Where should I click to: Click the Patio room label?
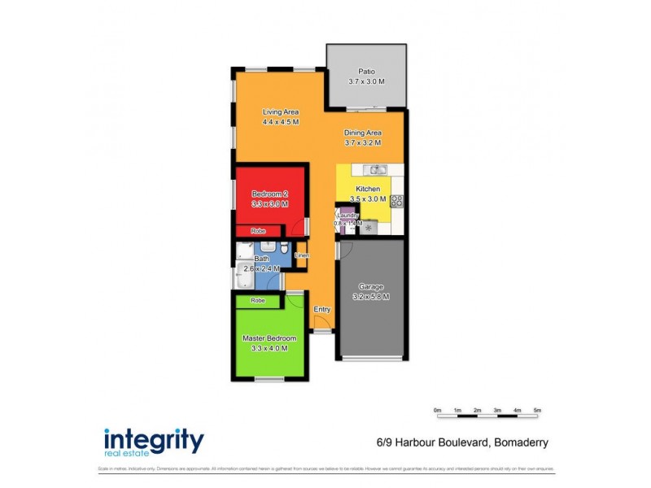tap(365, 70)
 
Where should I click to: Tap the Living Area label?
tap(281, 112)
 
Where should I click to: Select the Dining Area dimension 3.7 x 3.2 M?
tap(363, 143)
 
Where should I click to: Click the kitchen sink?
tap(376, 170)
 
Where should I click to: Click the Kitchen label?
tap(368, 188)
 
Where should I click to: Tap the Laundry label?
tap(347, 216)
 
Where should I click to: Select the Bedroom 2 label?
tap(269, 194)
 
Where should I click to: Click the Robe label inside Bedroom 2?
tap(257, 231)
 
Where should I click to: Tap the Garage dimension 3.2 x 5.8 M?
tap(370, 297)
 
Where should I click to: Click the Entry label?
tap(322, 309)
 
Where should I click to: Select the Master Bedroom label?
tap(269, 338)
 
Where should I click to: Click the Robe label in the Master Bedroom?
tap(257, 300)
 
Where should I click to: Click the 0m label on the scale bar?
tap(437, 409)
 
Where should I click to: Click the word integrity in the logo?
tap(153, 440)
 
